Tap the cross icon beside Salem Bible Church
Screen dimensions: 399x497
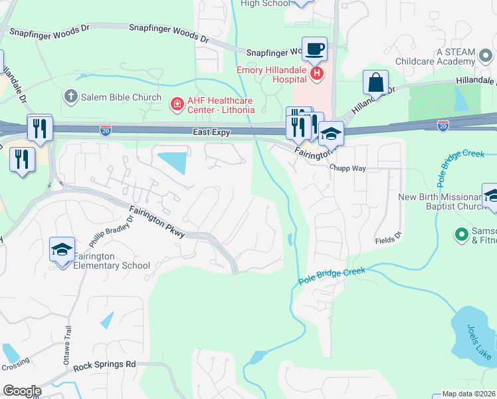[x=71, y=97]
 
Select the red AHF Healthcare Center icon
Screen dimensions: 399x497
[x=177, y=103]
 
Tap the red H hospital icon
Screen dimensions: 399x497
[x=318, y=74]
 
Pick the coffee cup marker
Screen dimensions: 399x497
[x=314, y=49]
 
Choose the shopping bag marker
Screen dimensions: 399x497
[x=375, y=83]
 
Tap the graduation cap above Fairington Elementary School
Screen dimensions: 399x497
[x=62, y=249]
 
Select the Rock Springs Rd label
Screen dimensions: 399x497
[x=104, y=365]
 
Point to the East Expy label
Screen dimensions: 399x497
[x=211, y=132]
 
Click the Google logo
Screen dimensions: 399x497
[x=22, y=391]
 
